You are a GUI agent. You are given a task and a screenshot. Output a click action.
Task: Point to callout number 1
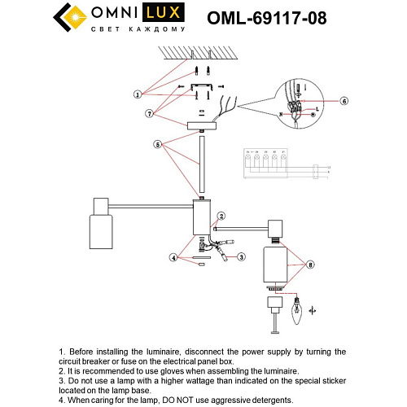(138, 94)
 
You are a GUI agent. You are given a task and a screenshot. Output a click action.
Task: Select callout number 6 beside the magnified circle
(344, 101)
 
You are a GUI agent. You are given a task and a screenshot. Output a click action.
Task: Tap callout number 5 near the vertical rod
(158, 145)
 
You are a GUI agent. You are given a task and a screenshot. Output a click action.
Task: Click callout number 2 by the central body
(221, 216)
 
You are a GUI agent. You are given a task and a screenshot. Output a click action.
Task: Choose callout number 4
(173, 258)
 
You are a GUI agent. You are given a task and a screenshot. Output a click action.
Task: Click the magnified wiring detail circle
(298, 103)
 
